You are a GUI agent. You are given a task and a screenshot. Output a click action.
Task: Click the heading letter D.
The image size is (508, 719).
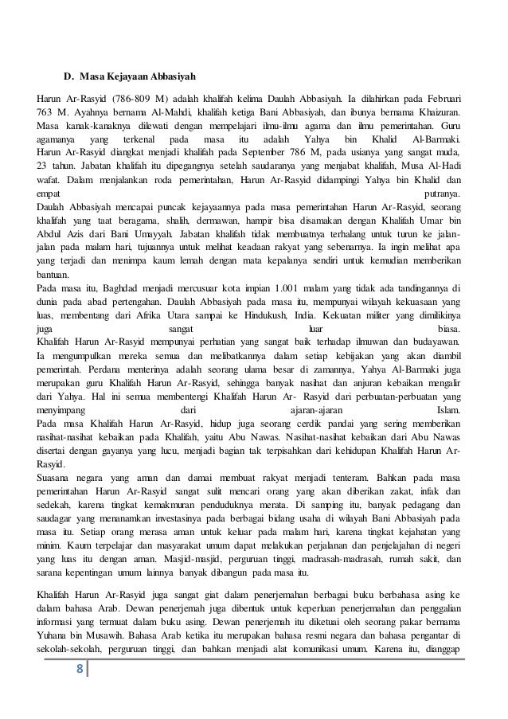pos(68,78)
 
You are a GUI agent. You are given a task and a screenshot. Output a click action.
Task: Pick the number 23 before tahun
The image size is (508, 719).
pos(42,163)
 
